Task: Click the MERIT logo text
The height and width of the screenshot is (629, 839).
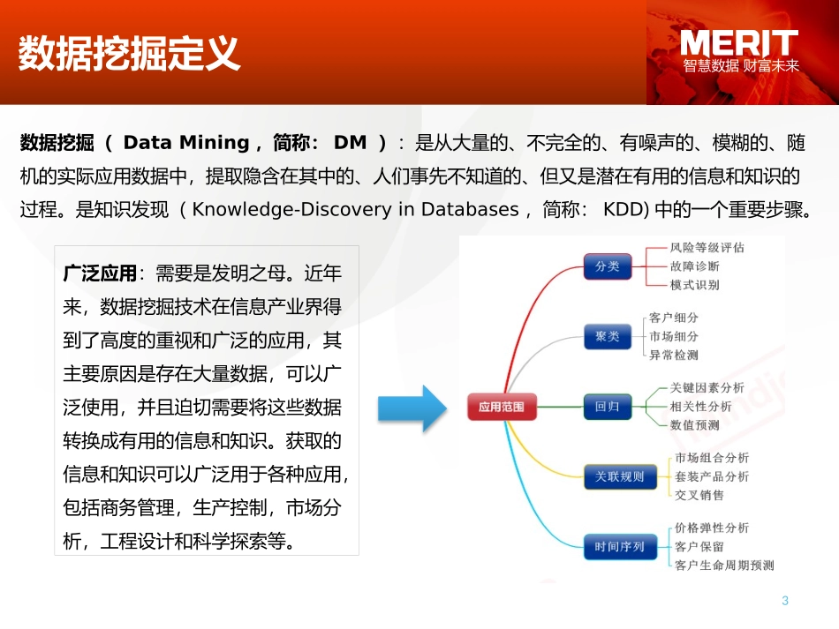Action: [738, 42]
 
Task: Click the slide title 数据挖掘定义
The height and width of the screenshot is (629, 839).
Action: [130, 53]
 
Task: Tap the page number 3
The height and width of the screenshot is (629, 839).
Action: [784, 601]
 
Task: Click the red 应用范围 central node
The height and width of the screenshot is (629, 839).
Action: [501, 407]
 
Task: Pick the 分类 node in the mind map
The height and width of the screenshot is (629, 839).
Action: [608, 266]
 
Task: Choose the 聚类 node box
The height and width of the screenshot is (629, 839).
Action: [608, 336]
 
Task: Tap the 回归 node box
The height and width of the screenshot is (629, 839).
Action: [608, 407]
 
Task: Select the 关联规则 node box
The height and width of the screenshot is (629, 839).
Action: [619, 477]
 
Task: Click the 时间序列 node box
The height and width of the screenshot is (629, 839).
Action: [619, 547]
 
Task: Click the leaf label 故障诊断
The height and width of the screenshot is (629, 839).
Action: [694, 266]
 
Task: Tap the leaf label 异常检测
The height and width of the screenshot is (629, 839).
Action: [673, 355]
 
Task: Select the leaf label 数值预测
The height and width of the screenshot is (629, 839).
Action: [694, 424]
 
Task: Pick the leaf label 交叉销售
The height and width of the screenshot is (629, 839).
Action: [699, 495]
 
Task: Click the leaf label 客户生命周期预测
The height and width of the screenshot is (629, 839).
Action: [723, 565]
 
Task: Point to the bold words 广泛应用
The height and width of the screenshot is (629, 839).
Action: [101, 273]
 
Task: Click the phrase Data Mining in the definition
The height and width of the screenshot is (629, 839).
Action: [186, 142]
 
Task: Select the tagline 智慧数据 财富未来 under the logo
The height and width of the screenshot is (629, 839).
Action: [740, 66]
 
